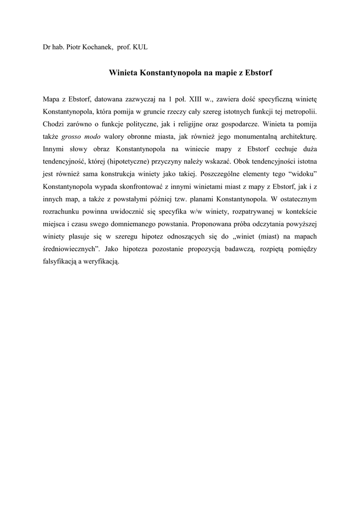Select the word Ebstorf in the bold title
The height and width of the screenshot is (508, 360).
point(258,72)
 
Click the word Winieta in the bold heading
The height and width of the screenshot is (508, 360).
point(123,72)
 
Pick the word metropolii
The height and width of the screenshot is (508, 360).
point(300,111)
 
